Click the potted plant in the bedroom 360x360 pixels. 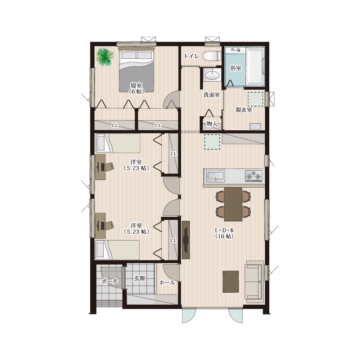tap(105, 57)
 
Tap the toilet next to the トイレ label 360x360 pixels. tap(212, 56)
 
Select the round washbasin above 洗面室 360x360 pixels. tap(212, 75)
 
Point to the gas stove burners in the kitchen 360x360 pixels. tap(253, 176)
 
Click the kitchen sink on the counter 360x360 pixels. tap(215, 176)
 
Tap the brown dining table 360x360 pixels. tap(233, 204)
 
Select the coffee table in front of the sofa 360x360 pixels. tap(231, 282)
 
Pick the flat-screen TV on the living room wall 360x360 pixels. tap(186, 240)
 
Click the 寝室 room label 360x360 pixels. tap(136, 85)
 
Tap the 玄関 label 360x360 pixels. tap(139, 278)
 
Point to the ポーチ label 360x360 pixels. tap(109, 281)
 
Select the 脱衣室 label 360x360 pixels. tap(244, 110)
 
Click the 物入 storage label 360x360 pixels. tap(212, 124)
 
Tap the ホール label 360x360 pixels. tap(167, 282)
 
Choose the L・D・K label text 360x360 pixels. tap(224, 230)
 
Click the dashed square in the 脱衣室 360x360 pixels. tap(256, 99)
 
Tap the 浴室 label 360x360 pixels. tap(236, 68)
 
